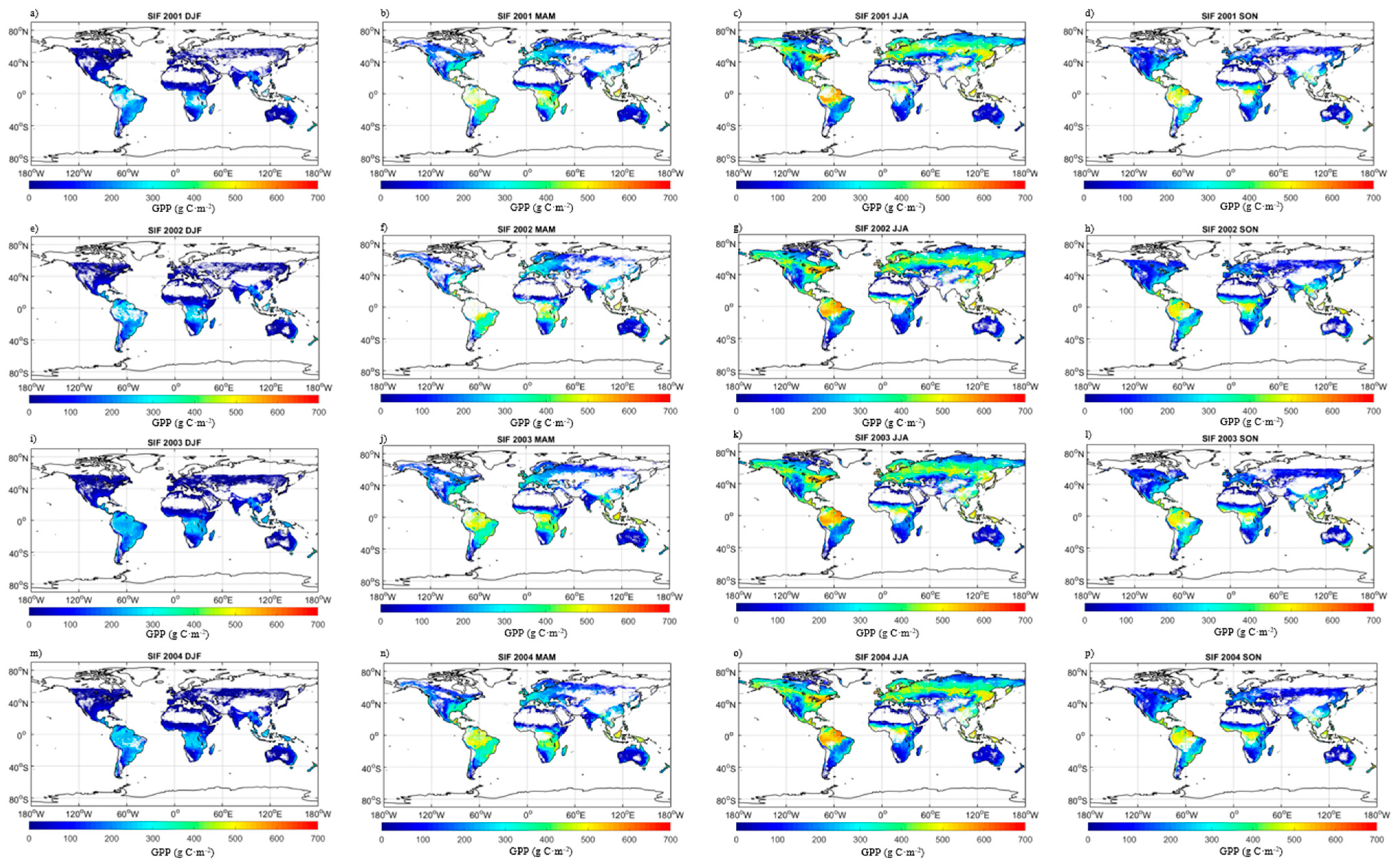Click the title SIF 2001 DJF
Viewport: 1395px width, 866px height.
point(174,16)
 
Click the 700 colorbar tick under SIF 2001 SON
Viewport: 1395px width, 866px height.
point(1373,198)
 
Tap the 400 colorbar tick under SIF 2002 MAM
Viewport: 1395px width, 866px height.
point(546,411)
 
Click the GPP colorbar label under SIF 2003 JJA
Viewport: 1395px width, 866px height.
point(887,633)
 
